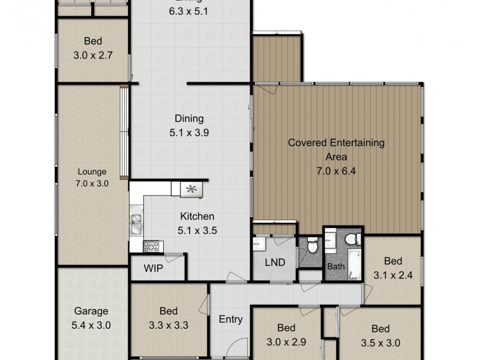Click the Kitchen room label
[197, 216]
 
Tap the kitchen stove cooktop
[152, 245]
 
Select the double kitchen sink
[136, 223]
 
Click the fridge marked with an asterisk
[192, 190]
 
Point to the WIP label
[153, 268]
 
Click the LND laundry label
[274, 263]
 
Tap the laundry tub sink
[258, 244]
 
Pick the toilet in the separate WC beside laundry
[311, 247]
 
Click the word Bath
[334, 266]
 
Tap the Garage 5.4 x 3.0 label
[91, 318]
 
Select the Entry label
[230, 319]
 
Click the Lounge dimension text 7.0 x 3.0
[91, 184]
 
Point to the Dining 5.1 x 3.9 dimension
[189, 132]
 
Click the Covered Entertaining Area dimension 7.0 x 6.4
[336, 171]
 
